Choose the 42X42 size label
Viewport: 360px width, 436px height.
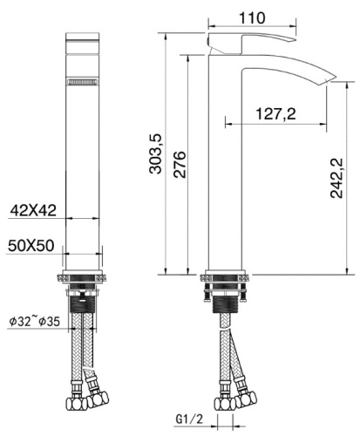point(33,209)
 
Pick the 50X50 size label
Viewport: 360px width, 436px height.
point(33,246)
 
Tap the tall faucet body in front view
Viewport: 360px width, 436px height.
point(85,174)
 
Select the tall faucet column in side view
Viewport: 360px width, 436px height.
point(225,174)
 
